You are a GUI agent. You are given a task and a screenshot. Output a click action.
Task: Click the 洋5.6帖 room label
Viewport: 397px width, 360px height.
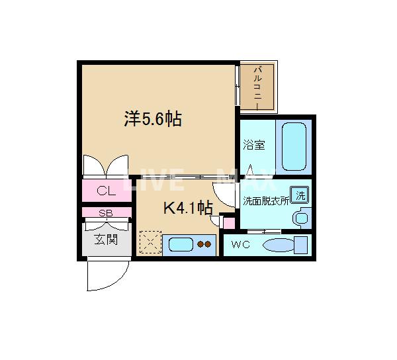[x=153, y=119]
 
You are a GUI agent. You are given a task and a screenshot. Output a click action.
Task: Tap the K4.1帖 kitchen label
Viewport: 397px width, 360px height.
[x=187, y=208]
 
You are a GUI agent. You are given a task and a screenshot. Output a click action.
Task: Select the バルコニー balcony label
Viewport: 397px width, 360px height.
[x=258, y=86]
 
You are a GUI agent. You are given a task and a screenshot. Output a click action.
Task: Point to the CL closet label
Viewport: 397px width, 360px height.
[x=106, y=192]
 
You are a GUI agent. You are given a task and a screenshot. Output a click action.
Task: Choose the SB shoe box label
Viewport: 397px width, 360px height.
[x=106, y=212]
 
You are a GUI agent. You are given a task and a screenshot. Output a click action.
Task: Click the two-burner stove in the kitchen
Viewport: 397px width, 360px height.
[x=206, y=244]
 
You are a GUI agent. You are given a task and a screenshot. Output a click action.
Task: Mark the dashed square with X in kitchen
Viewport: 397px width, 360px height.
[x=150, y=242]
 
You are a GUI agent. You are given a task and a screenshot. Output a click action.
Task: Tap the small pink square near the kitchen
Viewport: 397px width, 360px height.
[x=228, y=222]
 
